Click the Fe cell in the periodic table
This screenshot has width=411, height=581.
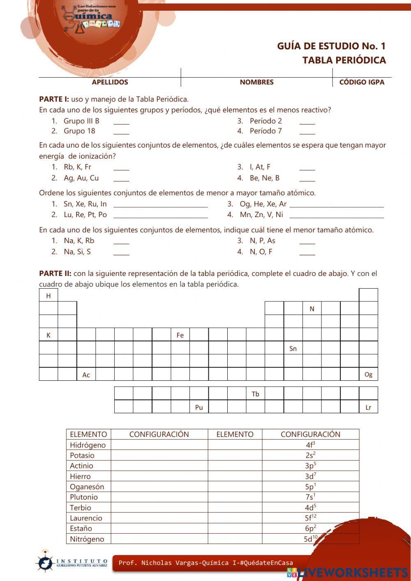(x=180, y=335)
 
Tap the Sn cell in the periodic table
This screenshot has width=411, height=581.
(x=293, y=349)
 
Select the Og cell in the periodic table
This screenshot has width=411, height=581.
(x=368, y=374)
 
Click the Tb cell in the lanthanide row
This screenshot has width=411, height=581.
(x=255, y=394)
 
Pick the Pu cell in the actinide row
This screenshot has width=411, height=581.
(x=199, y=407)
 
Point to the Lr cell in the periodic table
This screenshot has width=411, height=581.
(x=368, y=407)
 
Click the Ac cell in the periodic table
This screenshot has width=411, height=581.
(x=86, y=375)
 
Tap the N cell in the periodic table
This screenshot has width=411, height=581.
(x=312, y=309)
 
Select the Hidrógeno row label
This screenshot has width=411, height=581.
(x=88, y=445)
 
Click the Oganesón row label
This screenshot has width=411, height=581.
(x=87, y=487)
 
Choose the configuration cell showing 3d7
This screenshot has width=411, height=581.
(x=310, y=476)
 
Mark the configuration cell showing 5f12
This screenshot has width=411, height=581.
(x=310, y=518)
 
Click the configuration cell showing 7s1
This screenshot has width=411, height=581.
(x=310, y=497)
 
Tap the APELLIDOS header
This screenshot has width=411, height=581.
(x=110, y=82)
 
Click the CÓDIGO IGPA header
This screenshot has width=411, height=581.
(x=362, y=82)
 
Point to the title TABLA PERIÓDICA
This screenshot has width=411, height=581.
(x=344, y=60)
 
